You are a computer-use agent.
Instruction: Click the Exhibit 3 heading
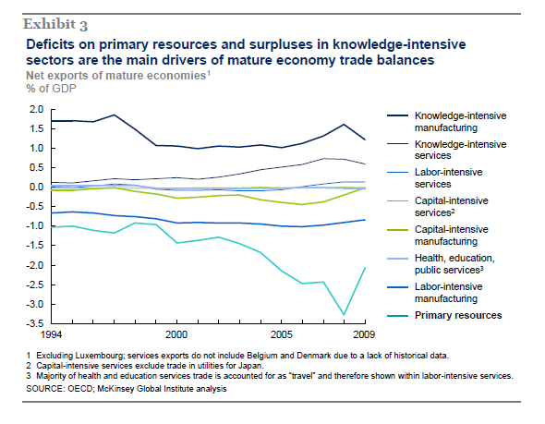pyautogui.click(x=55, y=24)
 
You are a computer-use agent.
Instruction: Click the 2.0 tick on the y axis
pyautogui.click(x=36, y=110)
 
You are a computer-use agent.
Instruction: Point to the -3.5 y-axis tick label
pyautogui.click(x=35, y=323)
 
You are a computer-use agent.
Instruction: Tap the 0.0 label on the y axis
pyautogui.click(x=36, y=187)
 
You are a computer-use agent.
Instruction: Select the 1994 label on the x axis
pyautogui.click(x=51, y=334)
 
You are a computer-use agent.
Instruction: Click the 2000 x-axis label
pyautogui.click(x=176, y=334)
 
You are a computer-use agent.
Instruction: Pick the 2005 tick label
pyautogui.click(x=282, y=334)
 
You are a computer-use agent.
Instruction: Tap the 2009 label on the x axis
pyautogui.click(x=364, y=334)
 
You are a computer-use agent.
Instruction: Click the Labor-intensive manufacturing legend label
pyautogui.click(x=448, y=293)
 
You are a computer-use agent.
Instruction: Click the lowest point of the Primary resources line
pyautogui.click(x=345, y=314)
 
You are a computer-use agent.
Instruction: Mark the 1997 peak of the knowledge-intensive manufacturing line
pyautogui.click(x=114, y=115)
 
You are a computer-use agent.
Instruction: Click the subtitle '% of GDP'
pyautogui.click(x=51, y=89)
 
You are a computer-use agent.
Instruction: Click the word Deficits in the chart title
pyautogui.click(x=51, y=44)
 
